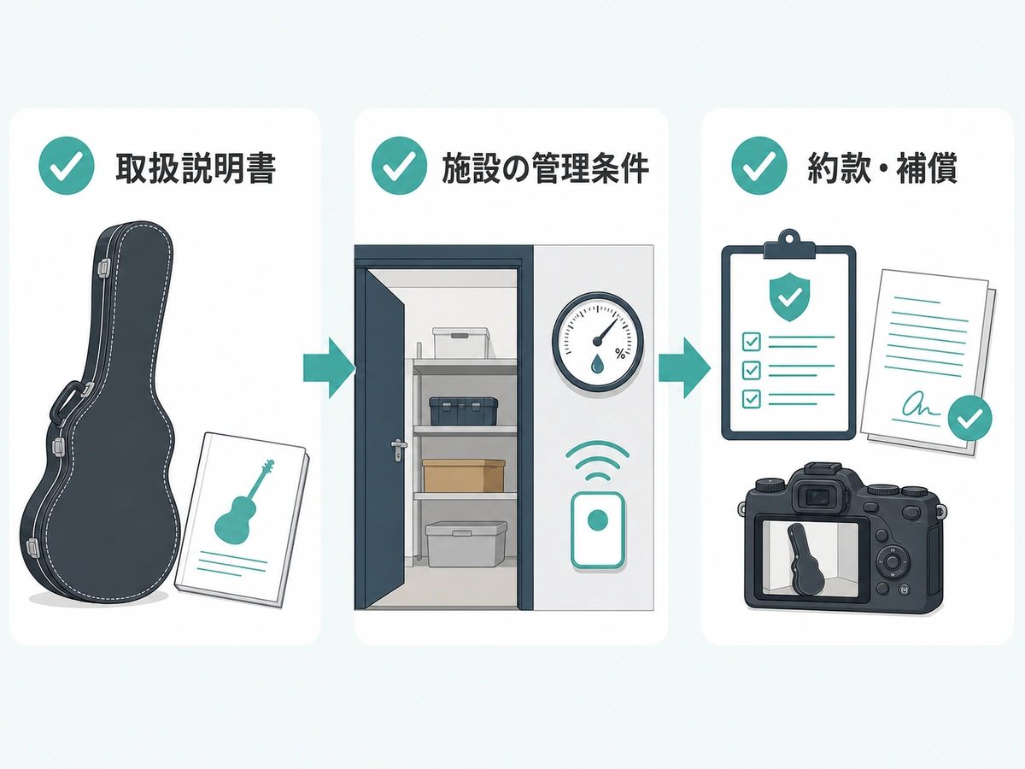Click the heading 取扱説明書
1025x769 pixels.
click(196, 167)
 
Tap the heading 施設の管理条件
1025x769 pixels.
click(546, 167)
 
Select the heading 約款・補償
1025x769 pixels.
click(882, 167)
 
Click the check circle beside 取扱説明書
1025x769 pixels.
click(67, 165)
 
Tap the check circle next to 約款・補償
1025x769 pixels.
click(758, 165)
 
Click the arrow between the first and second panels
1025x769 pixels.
click(329, 368)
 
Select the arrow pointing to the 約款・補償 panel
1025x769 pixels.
click(684, 368)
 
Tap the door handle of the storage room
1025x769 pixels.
click(398, 449)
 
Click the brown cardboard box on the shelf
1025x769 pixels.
click(464, 475)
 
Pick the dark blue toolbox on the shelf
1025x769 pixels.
click(463, 411)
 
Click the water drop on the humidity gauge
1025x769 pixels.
click(597, 365)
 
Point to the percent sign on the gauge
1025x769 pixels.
click(620, 354)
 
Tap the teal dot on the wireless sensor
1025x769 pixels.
click(598, 520)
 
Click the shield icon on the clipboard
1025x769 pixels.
click(788, 297)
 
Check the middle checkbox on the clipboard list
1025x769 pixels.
click(751, 370)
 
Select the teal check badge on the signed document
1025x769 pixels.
click(969, 418)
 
